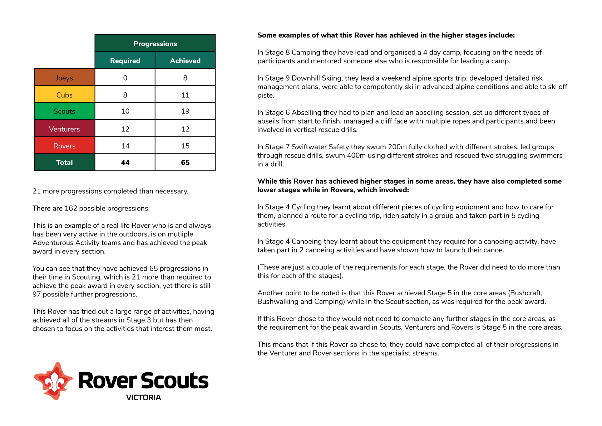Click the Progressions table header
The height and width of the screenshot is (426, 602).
click(x=155, y=44)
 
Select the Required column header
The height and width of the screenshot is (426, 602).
click(x=125, y=60)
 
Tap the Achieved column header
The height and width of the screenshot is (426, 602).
click(x=185, y=60)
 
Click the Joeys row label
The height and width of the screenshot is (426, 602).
click(x=64, y=78)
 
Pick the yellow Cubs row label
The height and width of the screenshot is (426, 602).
click(x=64, y=95)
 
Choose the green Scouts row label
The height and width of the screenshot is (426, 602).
click(x=64, y=111)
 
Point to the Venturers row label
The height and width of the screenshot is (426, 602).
click(x=64, y=129)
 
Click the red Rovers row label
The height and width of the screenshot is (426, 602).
click(x=64, y=146)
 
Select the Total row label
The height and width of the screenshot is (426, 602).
click(x=64, y=163)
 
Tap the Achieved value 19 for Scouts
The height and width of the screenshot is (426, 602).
click(x=185, y=111)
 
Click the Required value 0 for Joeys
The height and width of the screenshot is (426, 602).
click(x=125, y=78)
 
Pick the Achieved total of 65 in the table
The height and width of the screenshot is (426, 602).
click(x=185, y=163)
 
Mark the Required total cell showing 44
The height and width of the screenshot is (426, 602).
click(x=125, y=163)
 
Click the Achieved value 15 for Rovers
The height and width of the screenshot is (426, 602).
click(x=185, y=146)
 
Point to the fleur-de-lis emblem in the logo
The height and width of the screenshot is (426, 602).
click(x=54, y=381)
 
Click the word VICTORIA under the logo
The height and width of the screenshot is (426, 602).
click(x=143, y=398)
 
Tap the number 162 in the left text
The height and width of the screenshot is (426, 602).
click(x=71, y=208)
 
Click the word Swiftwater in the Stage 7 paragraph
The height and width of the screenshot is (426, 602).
click(x=309, y=147)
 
